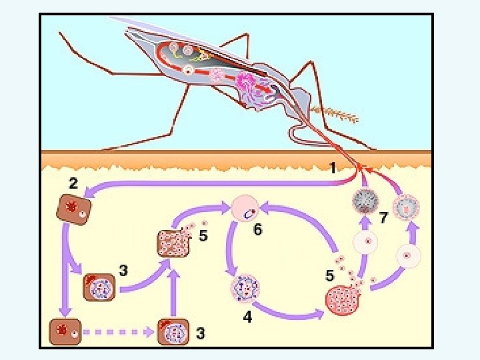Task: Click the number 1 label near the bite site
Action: tap(332, 169)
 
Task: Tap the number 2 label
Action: tap(73, 181)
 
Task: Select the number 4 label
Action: tap(247, 318)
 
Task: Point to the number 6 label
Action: tap(257, 230)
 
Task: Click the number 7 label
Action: tap(383, 217)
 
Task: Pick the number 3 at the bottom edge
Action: tap(199, 333)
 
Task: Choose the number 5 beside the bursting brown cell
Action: tap(203, 235)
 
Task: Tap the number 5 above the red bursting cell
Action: tap(329, 275)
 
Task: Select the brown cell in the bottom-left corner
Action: tap(65, 331)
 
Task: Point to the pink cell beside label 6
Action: tap(246, 209)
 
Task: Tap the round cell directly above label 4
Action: tap(244, 288)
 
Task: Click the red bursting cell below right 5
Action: tap(344, 298)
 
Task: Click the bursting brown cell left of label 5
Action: tap(173, 244)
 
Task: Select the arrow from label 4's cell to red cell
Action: tap(287, 310)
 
